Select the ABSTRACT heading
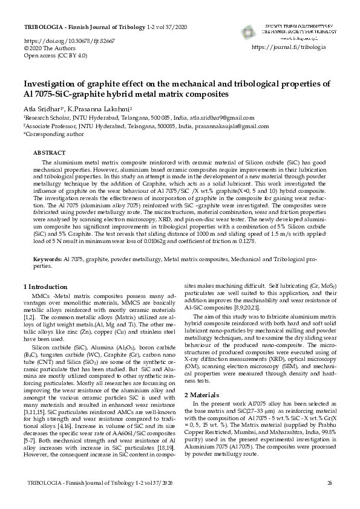coord(49,154)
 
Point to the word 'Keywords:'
coord(47,276)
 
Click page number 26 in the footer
coord(330,499)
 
